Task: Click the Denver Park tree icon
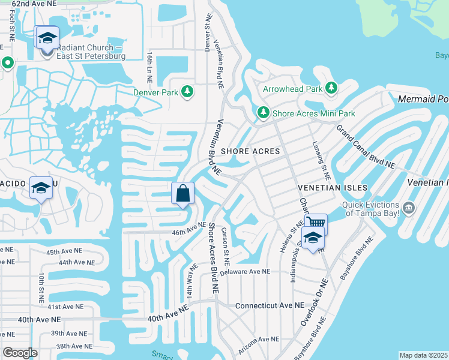click(188, 91)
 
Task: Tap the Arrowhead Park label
click(293, 89)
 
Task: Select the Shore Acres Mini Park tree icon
click(262, 113)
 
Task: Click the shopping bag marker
click(183, 194)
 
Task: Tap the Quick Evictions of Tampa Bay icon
click(409, 208)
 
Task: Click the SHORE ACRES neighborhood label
click(251, 151)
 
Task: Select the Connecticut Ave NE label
click(270, 305)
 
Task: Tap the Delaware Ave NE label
click(245, 272)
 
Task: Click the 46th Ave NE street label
click(189, 229)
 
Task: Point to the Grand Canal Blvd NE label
click(366, 146)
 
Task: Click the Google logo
click(19, 353)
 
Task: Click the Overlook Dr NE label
click(315, 302)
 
